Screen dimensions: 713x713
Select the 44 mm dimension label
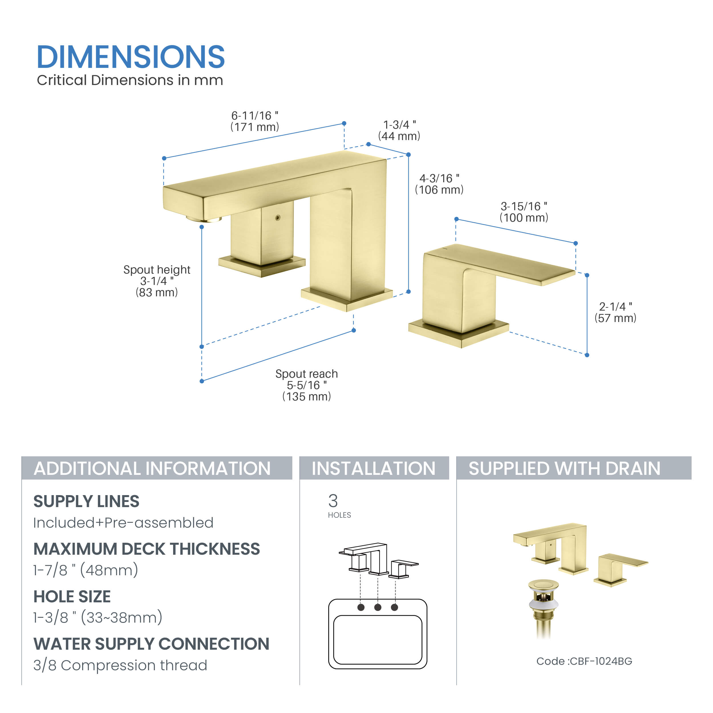399,130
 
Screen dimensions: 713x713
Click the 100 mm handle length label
524,212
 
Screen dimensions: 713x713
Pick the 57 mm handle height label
615,312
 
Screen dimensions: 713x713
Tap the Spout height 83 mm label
157,281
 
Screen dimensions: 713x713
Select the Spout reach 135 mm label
306,385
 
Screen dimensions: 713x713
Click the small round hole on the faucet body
278,218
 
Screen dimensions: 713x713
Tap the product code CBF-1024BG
584,661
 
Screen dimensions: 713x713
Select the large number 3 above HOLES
333,501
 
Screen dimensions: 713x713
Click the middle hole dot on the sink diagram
378,607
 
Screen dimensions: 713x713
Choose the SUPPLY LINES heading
86,501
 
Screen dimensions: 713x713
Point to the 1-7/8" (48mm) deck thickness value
86,570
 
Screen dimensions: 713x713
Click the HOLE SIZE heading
72,596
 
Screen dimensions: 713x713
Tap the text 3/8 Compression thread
120,665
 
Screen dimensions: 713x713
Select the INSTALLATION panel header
374,468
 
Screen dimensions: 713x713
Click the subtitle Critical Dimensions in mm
130,80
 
